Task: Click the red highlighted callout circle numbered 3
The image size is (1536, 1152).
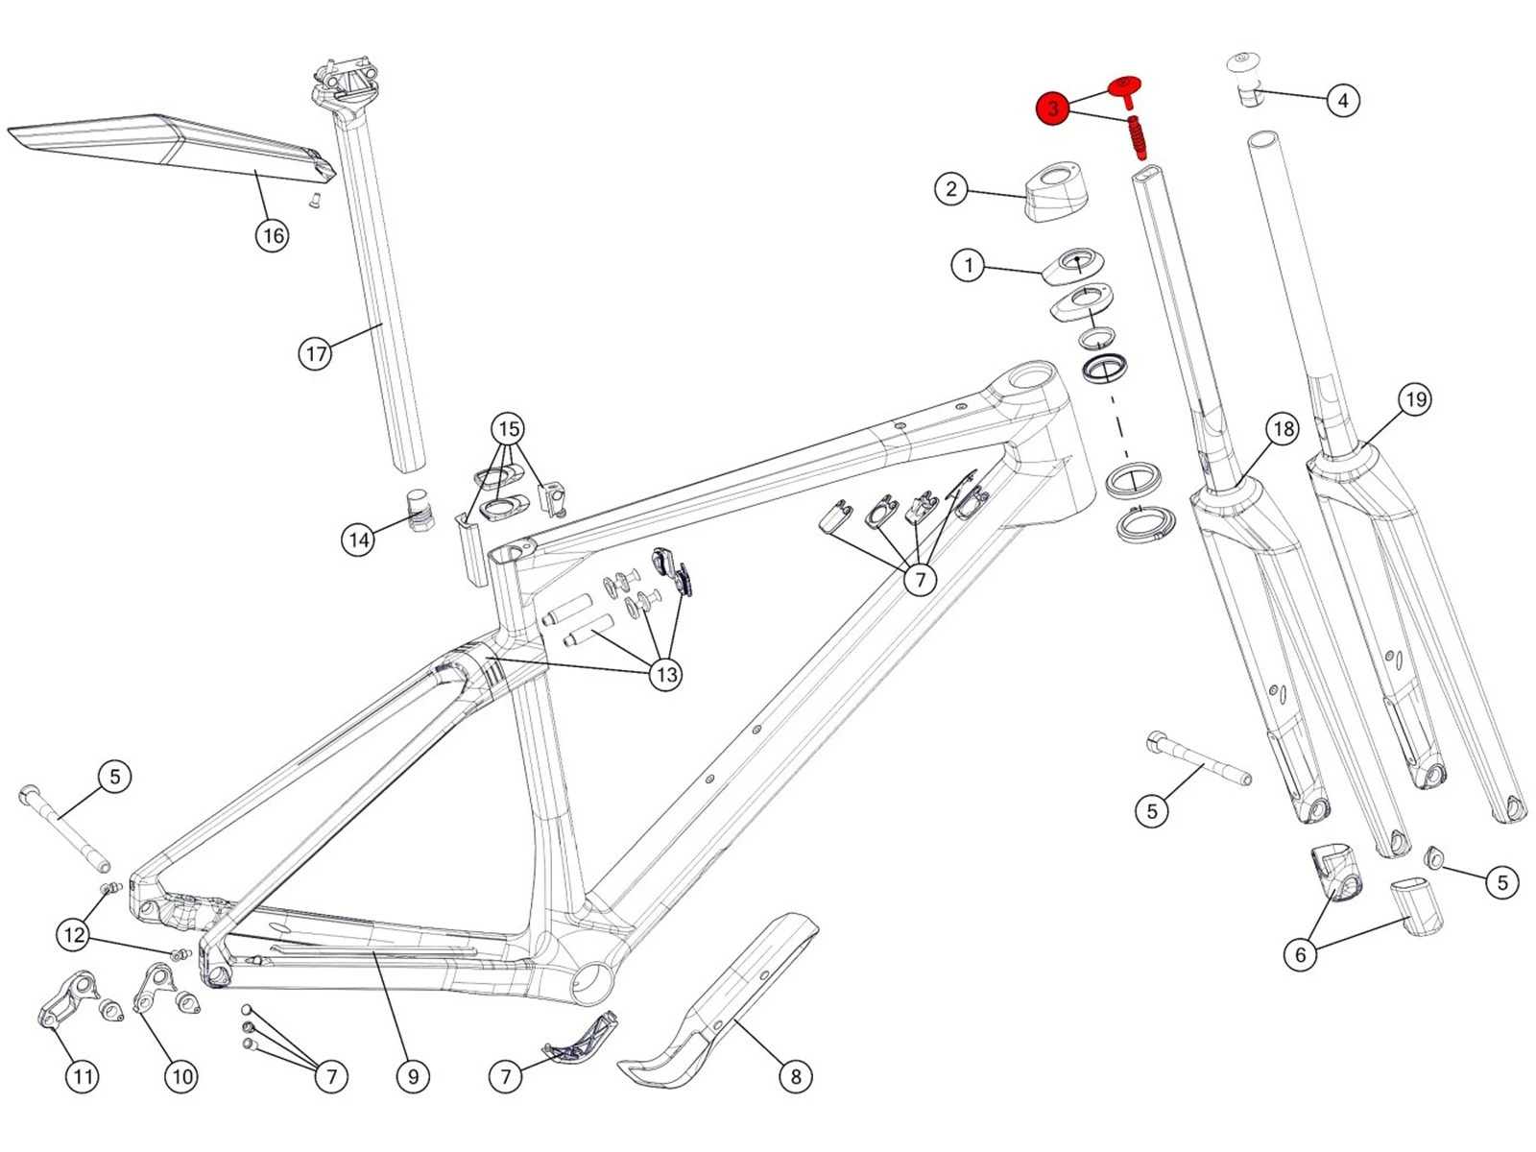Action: (1053, 108)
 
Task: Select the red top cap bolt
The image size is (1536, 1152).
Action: (1125, 89)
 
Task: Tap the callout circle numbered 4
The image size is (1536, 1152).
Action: (1343, 100)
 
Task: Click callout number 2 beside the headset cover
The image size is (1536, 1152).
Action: (950, 188)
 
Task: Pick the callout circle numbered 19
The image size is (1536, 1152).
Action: (1414, 399)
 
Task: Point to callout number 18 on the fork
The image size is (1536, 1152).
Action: (1284, 429)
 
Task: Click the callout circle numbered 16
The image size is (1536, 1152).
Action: (273, 235)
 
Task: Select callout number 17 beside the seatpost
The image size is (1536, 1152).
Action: (316, 354)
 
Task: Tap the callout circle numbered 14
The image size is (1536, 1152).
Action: (359, 540)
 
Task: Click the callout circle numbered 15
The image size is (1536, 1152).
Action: (509, 428)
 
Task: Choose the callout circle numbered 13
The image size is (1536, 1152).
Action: (666, 674)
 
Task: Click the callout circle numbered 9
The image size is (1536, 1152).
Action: (413, 1076)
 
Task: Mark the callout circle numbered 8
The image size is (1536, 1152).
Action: (795, 1076)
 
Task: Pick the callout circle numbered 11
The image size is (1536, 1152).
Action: (83, 1076)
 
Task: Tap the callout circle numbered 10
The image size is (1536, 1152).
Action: (181, 1076)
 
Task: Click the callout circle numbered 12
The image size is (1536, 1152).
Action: (74, 934)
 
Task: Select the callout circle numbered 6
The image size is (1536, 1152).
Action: (1301, 954)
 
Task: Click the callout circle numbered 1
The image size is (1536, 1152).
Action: (968, 265)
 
